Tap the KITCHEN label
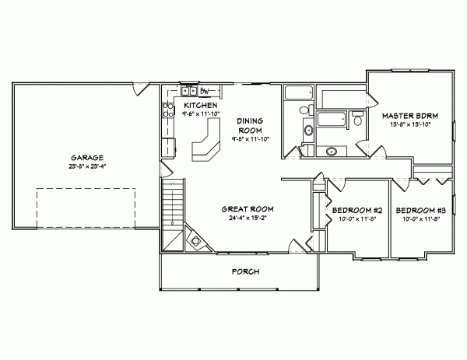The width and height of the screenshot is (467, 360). click(200, 105)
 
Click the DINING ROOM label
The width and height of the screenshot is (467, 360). click(251, 125)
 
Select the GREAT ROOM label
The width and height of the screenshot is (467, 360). click(247, 209)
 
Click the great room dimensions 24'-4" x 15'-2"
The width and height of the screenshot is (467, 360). click(247, 218)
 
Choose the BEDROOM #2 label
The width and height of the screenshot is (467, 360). click(356, 210)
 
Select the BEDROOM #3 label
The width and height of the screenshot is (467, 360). click(420, 210)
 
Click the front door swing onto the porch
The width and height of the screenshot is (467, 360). click(293, 247)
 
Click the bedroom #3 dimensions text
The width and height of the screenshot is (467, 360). click(420, 219)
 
